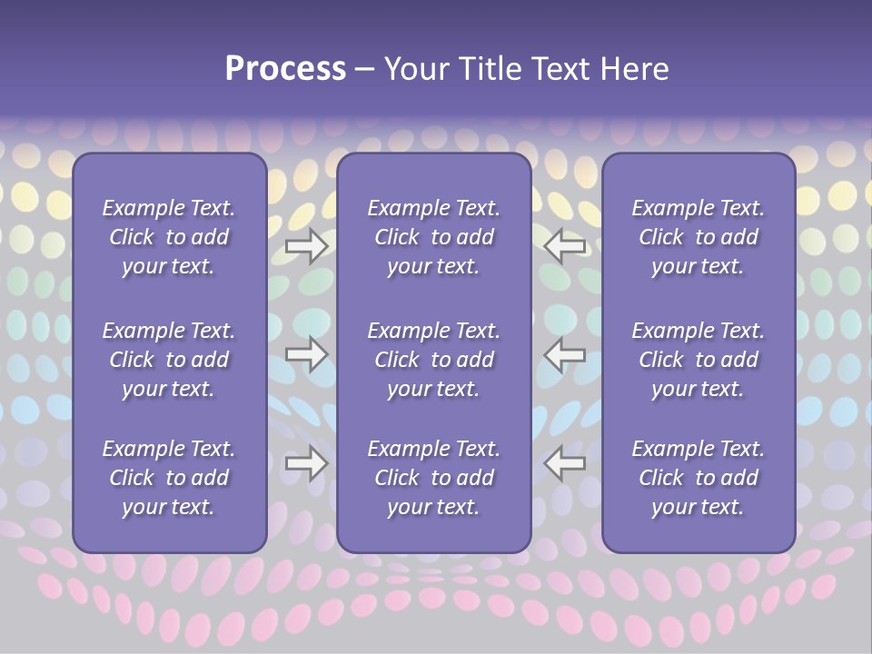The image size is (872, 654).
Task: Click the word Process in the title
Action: pyautogui.click(x=285, y=69)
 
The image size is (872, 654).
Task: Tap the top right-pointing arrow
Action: pyautogui.click(x=306, y=245)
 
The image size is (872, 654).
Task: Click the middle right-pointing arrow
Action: pyautogui.click(x=306, y=353)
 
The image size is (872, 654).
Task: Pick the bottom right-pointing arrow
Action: pyautogui.click(x=306, y=463)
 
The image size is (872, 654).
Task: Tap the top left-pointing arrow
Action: pyautogui.click(x=565, y=245)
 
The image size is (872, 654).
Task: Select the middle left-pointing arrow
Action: pyautogui.click(x=565, y=353)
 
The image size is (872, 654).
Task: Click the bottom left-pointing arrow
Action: pyautogui.click(x=565, y=463)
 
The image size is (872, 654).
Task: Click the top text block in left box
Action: pyautogui.click(x=169, y=237)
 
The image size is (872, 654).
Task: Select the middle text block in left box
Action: pyautogui.click(x=169, y=360)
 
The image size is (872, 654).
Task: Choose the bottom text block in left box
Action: pyautogui.click(x=169, y=478)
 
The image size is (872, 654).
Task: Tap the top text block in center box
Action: pyautogui.click(x=433, y=237)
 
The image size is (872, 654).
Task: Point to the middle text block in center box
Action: pyautogui.click(x=433, y=360)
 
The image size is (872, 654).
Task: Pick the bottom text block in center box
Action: pyautogui.click(x=433, y=478)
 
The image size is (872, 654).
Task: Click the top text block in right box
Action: pyautogui.click(x=698, y=237)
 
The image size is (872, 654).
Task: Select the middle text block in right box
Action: pyautogui.click(x=698, y=360)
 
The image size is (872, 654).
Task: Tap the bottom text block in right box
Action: pyautogui.click(x=698, y=478)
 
